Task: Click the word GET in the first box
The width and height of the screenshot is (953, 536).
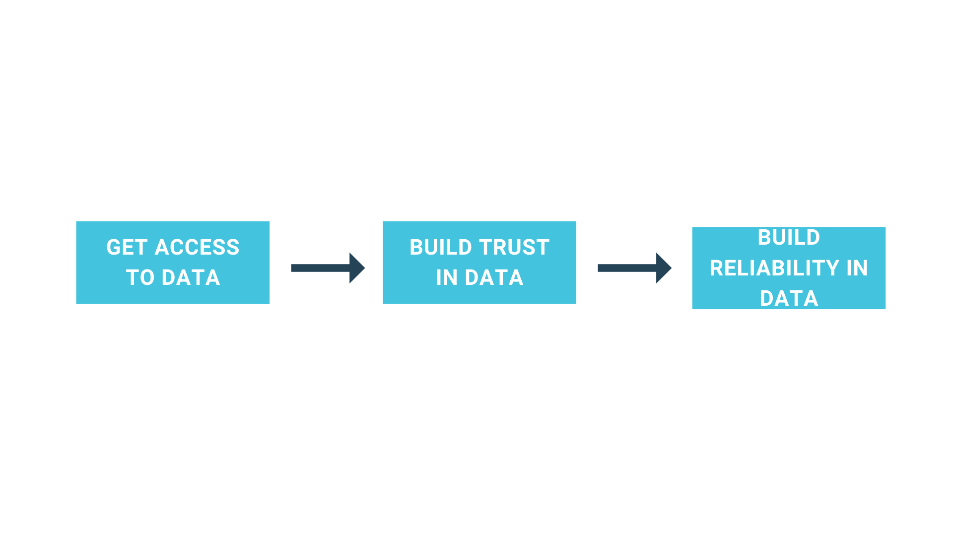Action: (127, 247)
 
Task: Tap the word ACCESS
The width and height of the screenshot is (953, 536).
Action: (197, 247)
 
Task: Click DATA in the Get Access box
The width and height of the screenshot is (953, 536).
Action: (191, 277)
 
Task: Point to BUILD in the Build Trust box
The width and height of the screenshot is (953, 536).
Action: (440, 247)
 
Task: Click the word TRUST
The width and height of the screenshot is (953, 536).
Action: (514, 247)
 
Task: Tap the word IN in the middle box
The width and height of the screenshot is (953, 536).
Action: (447, 277)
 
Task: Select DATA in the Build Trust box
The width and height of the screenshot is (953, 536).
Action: (494, 277)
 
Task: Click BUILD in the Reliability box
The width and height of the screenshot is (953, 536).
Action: (789, 237)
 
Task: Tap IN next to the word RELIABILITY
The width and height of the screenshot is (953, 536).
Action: (857, 268)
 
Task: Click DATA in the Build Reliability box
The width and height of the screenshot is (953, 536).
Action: (789, 298)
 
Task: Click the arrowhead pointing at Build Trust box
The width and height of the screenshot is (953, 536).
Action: (356, 268)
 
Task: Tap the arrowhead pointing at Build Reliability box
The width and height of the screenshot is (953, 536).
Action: (663, 268)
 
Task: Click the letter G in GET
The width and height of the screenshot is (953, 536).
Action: (113, 247)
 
